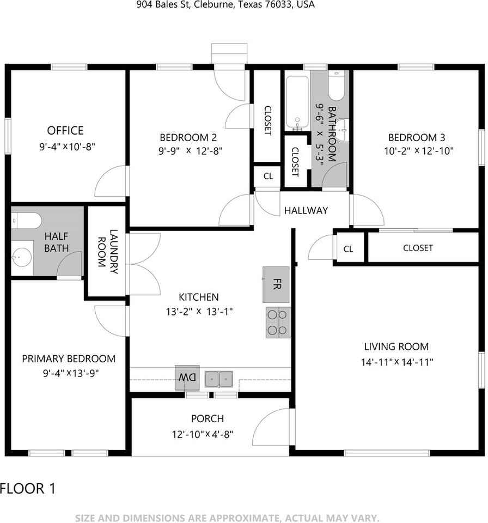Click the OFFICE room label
click(65, 130)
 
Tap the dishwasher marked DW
click(187, 378)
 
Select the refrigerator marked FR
click(276, 284)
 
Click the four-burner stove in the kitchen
click(278, 323)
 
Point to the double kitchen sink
click(219, 379)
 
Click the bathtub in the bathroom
click(297, 103)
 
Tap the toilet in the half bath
click(26, 221)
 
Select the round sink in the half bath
click(21, 258)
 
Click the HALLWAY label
click(306, 210)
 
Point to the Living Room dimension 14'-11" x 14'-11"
click(397, 362)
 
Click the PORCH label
click(208, 418)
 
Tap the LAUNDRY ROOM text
click(108, 252)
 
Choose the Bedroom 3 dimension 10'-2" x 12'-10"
click(419, 151)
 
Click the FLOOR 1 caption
click(28, 489)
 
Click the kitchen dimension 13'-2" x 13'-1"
click(199, 312)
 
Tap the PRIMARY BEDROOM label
click(69, 359)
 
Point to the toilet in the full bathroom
click(336, 86)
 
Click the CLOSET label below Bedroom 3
click(418, 248)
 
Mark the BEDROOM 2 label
click(188, 137)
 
